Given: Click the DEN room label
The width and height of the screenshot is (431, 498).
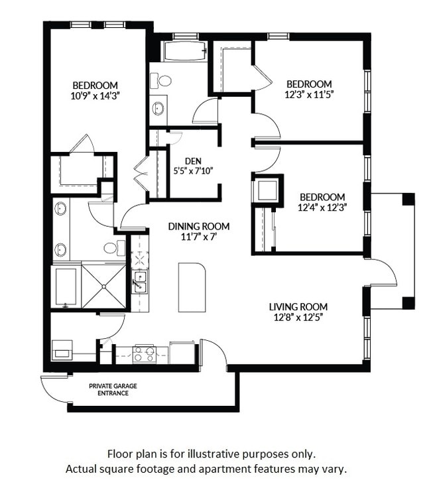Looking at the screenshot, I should coord(194,160).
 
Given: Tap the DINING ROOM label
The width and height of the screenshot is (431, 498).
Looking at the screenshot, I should coord(194,226).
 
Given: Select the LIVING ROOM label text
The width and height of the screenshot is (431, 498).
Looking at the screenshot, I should coord(298,306).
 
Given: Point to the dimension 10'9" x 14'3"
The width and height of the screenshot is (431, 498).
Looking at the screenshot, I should coord(95,95).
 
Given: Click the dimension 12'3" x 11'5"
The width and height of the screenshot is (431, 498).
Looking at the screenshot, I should coord(309,94).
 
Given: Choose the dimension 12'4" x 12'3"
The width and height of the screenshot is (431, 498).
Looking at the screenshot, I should coord(322,208).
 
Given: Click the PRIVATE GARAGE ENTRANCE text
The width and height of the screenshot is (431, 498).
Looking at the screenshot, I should coord(109,389).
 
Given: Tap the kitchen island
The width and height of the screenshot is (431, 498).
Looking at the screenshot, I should coord(192,286).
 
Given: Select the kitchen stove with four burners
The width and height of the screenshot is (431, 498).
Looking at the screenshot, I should coord(144,354).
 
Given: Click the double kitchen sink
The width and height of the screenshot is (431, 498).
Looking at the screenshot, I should coord(139,281).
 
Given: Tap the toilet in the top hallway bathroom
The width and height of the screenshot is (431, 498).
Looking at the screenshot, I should coord(162,81).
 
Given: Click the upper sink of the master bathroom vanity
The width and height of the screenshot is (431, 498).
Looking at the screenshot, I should coord(60,209).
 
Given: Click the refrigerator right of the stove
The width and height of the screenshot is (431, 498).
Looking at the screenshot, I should coord(182,352).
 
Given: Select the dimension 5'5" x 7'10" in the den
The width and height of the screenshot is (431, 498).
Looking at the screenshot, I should coord(194,170).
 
